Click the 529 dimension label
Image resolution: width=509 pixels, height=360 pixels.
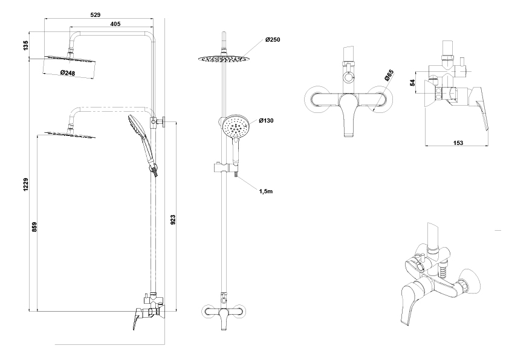pyautogui.click(x=96, y=14)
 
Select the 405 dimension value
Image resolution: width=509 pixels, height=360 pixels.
pyautogui.click(x=115, y=24)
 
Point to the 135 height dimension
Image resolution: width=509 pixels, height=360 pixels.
pyautogui.click(x=26, y=45)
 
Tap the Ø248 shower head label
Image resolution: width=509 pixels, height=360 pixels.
pyautogui.click(x=68, y=72)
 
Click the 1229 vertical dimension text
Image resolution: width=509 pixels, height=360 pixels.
pyautogui.click(x=26, y=184)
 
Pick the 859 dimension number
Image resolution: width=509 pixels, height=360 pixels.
pyautogui.click(x=34, y=227)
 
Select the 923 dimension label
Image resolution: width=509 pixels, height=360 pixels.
pyautogui.click(x=173, y=220)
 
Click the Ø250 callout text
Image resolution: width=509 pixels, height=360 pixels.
pyautogui.click(x=273, y=40)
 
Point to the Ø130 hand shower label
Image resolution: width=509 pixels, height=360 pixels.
pyautogui.click(x=266, y=121)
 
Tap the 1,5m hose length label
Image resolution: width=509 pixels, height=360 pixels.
pyautogui.click(x=265, y=191)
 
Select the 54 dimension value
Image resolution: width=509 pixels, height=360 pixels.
pyautogui.click(x=412, y=83)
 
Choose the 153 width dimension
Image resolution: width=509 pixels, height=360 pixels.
pyautogui.click(x=458, y=143)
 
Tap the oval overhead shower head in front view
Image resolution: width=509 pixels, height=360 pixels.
pyautogui.click(x=224, y=59)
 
